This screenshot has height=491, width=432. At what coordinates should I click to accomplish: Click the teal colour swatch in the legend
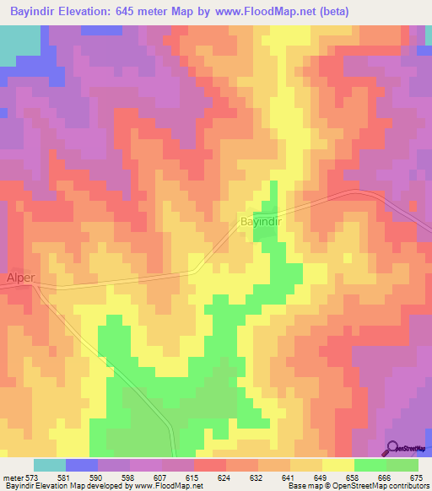click(x=50, y=465)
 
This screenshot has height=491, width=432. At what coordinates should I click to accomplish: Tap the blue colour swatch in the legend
click(x=82, y=465)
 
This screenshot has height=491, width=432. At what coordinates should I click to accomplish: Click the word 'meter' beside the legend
click(x=13, y=478)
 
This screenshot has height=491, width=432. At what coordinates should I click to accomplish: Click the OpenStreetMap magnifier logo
click(x=392, y=446)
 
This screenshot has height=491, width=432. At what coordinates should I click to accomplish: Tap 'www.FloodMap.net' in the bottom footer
click(x=169, y=486)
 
